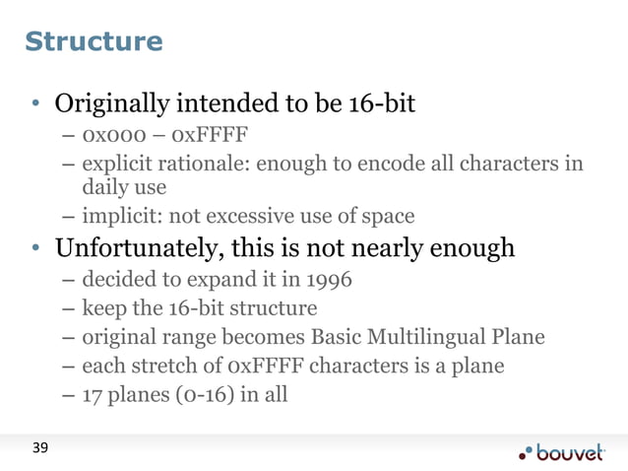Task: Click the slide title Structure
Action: point(94,42)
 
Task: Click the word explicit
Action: point(118,162)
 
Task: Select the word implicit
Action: point(120,216)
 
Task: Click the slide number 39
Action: point(38,449)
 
